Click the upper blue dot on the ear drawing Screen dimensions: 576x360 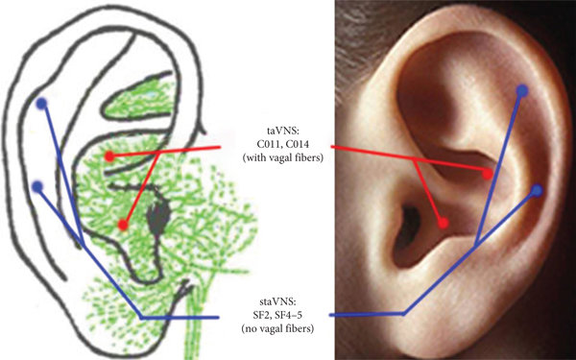click(39, 103)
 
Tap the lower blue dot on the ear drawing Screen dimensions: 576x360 click(36, 186)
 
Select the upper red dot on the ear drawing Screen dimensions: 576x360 click(109, 156)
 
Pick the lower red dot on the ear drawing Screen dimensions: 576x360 click(123, 225)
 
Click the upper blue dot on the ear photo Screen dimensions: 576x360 click(521, 90)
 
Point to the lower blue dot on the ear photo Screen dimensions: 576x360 click(537, 190)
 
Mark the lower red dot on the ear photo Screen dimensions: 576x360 click(443, 223)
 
